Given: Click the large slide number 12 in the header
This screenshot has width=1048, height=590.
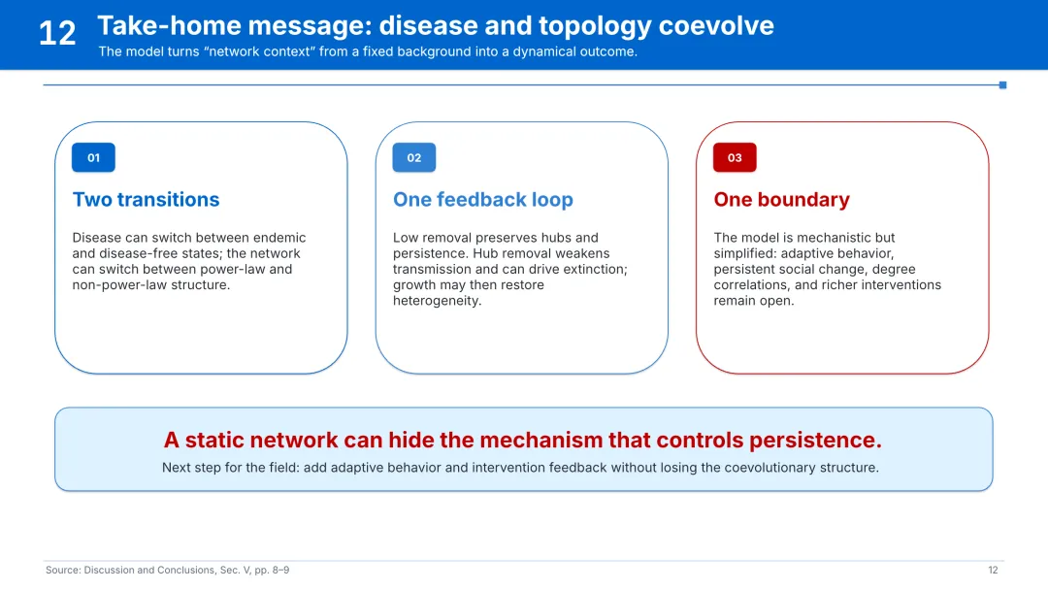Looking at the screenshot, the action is [x=57, y=33].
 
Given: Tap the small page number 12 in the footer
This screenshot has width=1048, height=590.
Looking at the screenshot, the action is [x=993, y=570].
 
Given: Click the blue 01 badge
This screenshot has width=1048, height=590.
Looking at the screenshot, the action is [x=93, y=158].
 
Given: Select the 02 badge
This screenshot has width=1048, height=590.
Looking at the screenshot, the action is [x=414, y=158].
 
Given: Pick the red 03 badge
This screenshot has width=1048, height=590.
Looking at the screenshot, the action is [x=735, y=158].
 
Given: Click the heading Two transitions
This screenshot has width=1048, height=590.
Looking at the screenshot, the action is [x=146, y=199].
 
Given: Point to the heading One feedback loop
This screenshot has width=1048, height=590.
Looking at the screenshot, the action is [x=482, y=199].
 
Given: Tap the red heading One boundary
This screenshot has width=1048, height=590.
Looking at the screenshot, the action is [x=781, y=199].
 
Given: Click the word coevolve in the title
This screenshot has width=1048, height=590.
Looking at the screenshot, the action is [x=716, y=26].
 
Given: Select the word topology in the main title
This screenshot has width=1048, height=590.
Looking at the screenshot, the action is [x=594, y=27].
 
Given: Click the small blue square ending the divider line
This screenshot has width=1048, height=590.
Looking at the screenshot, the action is [x=1002, y=84].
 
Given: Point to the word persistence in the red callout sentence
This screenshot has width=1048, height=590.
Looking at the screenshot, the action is [x=815, y=440].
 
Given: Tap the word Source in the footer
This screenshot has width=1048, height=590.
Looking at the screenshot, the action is [x=63, y=570].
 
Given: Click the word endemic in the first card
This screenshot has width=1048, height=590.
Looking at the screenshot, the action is [x=278, y=237].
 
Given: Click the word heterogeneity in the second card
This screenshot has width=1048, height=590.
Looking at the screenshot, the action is [x=437, y=300].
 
